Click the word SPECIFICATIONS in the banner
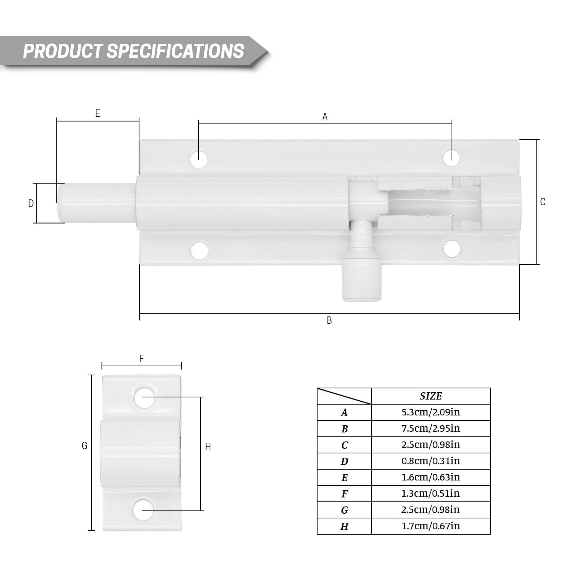175,51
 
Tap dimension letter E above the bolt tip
98,113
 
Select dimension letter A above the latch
325,117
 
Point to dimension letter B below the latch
329,320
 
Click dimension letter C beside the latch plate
543,202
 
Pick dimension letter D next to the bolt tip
31,203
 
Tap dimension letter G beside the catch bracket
85,446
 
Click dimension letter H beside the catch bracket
208,447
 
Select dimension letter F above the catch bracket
142,358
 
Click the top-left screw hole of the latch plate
199,158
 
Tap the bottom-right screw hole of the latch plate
452,249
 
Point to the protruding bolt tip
96,203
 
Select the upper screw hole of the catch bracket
144,397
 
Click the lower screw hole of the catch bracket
143,510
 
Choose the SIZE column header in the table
431,396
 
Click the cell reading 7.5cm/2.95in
431,428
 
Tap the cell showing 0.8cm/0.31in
431,461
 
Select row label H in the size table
344,526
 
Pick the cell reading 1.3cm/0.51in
431,493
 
